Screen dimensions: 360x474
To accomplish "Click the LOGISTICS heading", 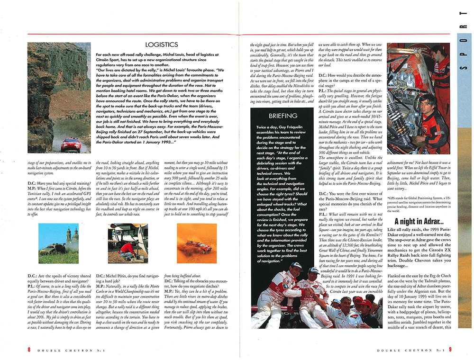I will tap(162, 45).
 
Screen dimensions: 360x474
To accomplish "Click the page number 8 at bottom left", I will tap(28, 350).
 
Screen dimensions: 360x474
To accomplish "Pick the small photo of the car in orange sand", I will tap(197, 243).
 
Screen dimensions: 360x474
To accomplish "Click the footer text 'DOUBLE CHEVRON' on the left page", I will tap(60, 350).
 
